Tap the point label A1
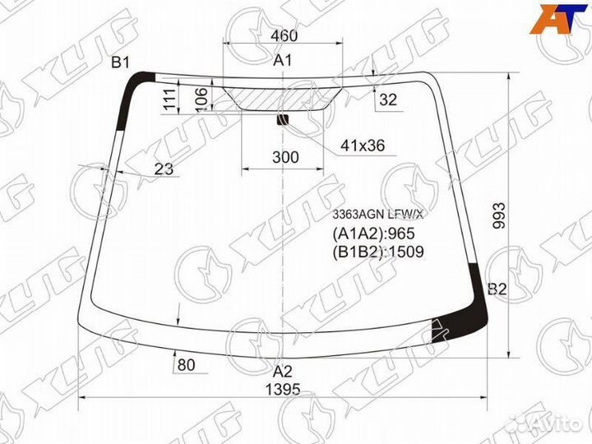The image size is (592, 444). [x=283, y=59]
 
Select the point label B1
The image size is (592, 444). [x=122, y=62]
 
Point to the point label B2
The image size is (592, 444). [x=497, y=289]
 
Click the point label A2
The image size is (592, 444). [x=283, y=370]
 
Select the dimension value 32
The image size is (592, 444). [x=388, y=99]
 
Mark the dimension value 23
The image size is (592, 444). [x=164, y=169]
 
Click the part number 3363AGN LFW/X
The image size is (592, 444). [x=377, y=215]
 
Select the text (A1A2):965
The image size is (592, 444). [x=372, y=234]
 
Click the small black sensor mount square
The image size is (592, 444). [x=284, y=120]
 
